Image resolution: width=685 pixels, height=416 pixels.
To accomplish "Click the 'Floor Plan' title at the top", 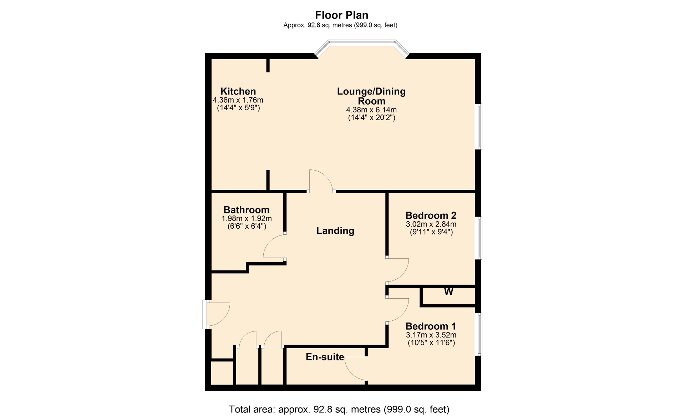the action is pyautogui.click(x=341, y=15).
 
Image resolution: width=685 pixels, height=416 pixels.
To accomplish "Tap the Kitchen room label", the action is pyautogui.click(x=238, y=91).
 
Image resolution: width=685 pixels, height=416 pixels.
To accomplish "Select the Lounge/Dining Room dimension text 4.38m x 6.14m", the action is pyautogui.click(x=371, y=110).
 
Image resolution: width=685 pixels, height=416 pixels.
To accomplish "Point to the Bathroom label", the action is pyautogui.click(x=246, y=210).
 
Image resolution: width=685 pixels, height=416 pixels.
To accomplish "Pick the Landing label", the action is pyautogui.click(x=335, y=230).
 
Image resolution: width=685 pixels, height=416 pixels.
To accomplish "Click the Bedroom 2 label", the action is pyautogui.click(x=431, y=215).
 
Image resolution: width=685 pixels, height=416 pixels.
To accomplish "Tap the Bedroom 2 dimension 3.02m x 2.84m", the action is pyautogui.click(x=431, y=224).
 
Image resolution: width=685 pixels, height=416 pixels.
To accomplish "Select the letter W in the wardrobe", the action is pyautogui.click(x=448, y=291).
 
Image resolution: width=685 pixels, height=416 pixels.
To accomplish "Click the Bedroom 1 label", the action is pyautogui.click(x=431, y=326).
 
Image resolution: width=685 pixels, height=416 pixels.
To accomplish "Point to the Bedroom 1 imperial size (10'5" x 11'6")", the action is pyautogui.click(x=431, y=343).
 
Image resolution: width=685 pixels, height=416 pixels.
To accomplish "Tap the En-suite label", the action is pyautogui.click(x=325, y=357).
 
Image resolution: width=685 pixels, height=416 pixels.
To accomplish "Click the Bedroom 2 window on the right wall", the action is pyautogui.click(x=479, y=238).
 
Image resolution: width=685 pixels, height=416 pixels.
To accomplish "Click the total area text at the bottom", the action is pyautogui.click(x=339, y=409).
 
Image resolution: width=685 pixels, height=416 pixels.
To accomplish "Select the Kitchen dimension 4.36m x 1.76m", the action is pyautogui.click(x=238, y=100).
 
